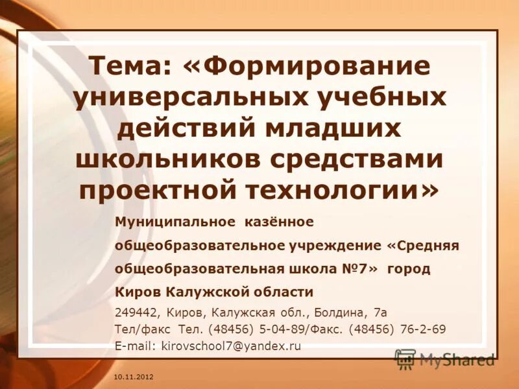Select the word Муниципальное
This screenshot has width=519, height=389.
[x=175, y=222]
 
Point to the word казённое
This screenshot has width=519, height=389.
[x=279, y=222]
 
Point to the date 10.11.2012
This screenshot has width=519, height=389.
[x=134, y=377]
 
